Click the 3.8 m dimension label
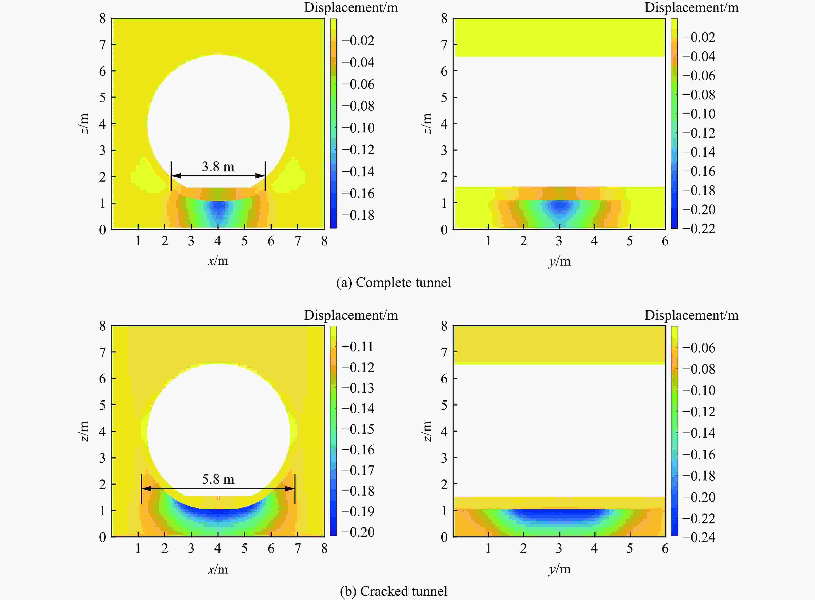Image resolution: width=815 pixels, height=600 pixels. tap(218, 167)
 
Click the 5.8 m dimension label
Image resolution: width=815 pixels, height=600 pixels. tap(218, 479)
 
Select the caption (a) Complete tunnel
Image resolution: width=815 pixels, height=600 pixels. tap(393, 283)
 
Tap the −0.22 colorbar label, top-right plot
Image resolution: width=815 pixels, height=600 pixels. tap(698, 229)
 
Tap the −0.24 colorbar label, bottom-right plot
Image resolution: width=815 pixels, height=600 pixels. tap(698, 537)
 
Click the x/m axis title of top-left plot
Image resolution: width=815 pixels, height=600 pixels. tap(218, 261)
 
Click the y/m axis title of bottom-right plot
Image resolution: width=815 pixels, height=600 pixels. tap(560, 569)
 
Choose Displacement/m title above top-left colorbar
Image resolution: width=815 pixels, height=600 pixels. tap(351, 8)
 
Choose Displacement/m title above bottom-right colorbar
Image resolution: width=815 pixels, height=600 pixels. tap(691, 315)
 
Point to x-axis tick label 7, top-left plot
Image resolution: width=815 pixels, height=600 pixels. tap(298, 241)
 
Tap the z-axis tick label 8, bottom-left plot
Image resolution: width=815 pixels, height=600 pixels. tap(102, 326)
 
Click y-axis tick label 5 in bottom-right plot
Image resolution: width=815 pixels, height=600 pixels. tap(630, 549)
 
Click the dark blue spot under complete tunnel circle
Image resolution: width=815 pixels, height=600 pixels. tap(218, 208)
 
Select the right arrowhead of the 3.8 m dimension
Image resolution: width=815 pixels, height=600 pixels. tap(260, 176)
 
